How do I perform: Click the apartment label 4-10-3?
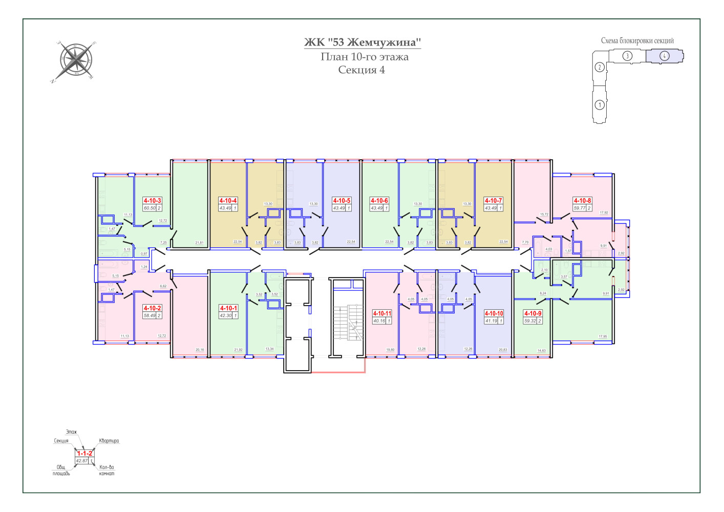tap(152, 201)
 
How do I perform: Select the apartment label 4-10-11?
tap(381, 313)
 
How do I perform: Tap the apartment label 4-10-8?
tap(582, 201)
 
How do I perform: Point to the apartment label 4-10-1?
tap(228, 308)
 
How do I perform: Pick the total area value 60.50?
tap(150, 208)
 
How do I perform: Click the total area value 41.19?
tap(491, 321)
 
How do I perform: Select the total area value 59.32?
tap(530, 321)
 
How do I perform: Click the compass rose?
tap(76, 61)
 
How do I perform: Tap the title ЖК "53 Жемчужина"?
tap(363, 42)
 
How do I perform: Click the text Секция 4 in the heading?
tap(361, 70)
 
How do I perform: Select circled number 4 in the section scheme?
tap(664, 56)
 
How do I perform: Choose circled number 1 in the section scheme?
tap(600, 105)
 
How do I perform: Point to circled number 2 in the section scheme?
tap(600, 67)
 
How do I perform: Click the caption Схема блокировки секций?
tap(637, 41)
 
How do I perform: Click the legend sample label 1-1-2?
tap(84, 453)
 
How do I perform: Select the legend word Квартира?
tap(109, 441)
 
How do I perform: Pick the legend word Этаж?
tap(71, 432)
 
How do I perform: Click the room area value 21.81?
tap(199, 243)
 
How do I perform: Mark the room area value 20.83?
tap(503, 350)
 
